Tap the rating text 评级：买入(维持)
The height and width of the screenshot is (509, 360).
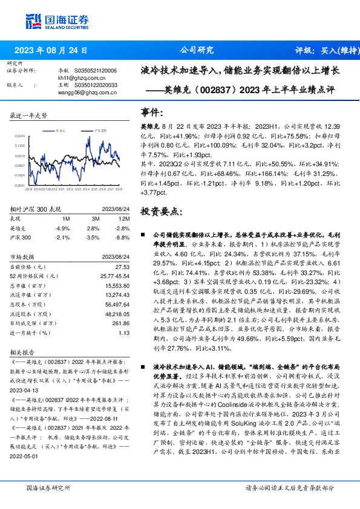321,50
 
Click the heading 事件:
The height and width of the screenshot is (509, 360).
152,112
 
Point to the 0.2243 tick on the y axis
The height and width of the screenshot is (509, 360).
20,137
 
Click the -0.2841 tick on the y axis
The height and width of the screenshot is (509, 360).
20,186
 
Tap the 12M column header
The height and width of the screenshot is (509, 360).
123,219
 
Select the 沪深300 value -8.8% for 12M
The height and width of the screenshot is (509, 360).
123,238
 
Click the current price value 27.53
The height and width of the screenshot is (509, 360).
122,267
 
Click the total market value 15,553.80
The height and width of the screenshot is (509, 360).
117,285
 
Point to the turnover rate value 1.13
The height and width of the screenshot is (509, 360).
124,332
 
